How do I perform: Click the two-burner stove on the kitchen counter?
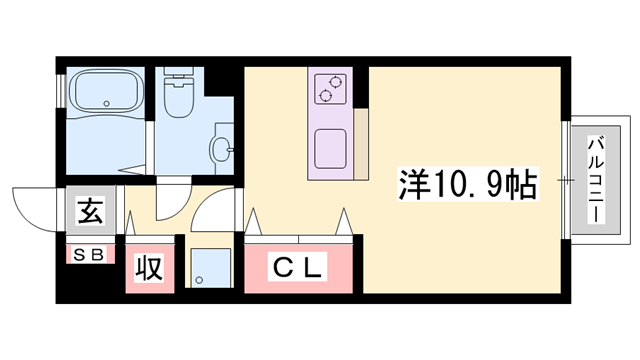330,89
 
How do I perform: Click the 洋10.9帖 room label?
469,184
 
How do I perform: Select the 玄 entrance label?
91,211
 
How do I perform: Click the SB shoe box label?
89,254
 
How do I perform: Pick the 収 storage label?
150,268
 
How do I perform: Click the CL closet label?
298,268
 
